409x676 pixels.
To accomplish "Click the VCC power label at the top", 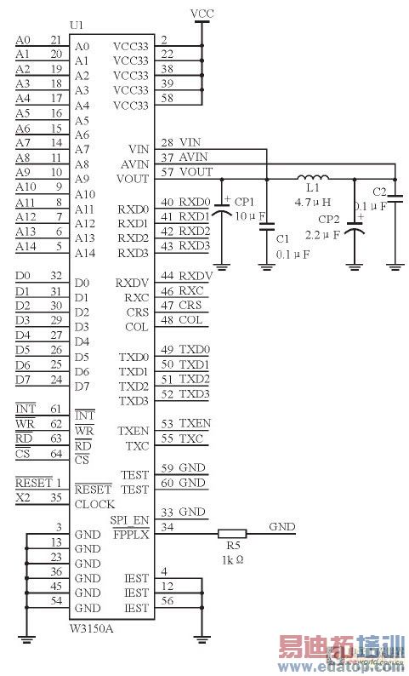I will coord(202,14).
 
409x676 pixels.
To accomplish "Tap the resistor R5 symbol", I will coord(232,535).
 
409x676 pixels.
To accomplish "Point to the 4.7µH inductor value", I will coord(312,203).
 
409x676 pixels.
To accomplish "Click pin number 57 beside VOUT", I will coord(168,172).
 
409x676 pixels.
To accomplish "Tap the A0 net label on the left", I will coord(23,40).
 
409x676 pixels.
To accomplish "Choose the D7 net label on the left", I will coord(23,379).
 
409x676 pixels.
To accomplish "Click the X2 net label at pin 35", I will coord(23,497).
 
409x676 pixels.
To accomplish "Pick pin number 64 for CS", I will coord(55,453).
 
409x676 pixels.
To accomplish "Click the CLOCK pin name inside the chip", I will coord(94,504).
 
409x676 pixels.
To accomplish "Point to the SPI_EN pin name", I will coord(129,520).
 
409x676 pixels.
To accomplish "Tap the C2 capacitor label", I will coord(380,192).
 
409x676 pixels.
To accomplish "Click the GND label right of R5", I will coord(281,527).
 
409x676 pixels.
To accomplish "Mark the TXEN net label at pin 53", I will coord(196,423).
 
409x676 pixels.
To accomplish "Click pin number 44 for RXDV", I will coord(168,276).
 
